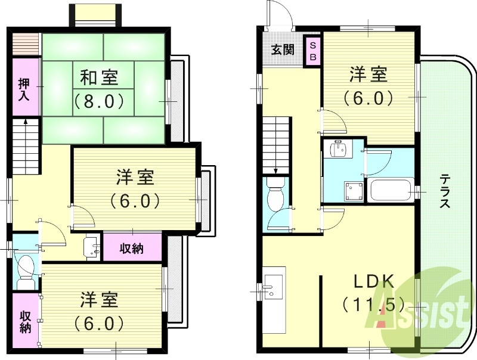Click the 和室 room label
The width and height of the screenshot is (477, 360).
point(99,77)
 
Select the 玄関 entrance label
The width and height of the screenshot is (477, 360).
point(283,50)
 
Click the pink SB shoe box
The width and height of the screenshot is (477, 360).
point(312,50)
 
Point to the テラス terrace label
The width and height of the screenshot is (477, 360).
point(445,191)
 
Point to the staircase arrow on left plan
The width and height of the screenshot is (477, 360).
point(26,122)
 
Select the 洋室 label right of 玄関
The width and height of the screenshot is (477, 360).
point(368,75)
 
